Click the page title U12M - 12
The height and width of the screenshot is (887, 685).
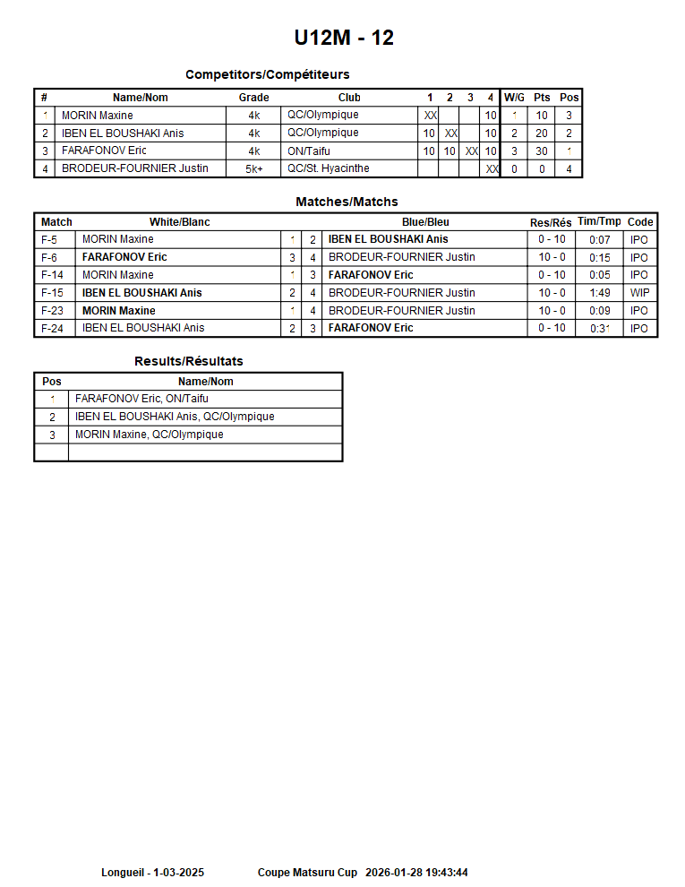click(x=344, y=38)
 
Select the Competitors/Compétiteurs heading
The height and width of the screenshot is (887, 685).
click(x=267, y=74)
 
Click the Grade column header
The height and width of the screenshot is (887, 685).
click(x=253, y=98)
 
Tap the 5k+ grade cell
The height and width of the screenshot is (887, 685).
click(x=253, y=169)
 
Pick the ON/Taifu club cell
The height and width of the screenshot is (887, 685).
click(x=309, y=151)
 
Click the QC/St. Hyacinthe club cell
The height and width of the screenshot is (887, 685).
click(x=328, y=168)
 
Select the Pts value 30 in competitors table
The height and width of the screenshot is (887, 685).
click(x=542, y=151)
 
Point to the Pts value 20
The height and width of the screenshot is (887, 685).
click(x=542, y=133)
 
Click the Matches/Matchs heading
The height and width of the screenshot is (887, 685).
click(x=347, y=202)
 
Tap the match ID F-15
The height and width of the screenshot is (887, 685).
click(x=53, y=293)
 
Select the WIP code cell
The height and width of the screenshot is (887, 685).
click(x=639, y=293)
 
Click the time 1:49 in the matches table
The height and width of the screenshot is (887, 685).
click(x=599, y=293)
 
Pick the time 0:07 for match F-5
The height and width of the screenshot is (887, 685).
click(x=599, y=239)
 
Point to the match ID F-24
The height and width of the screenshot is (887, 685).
click(x=53, y=328)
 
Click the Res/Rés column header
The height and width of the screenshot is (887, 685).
click(x=551, y=222)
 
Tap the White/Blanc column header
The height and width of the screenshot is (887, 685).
click(x=179, y=222)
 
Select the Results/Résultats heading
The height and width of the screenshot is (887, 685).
click(x=188, y=361)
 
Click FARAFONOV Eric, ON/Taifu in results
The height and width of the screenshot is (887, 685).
click(x=141, y=399)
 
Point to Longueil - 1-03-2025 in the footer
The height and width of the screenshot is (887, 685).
click(x=152, y=873)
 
